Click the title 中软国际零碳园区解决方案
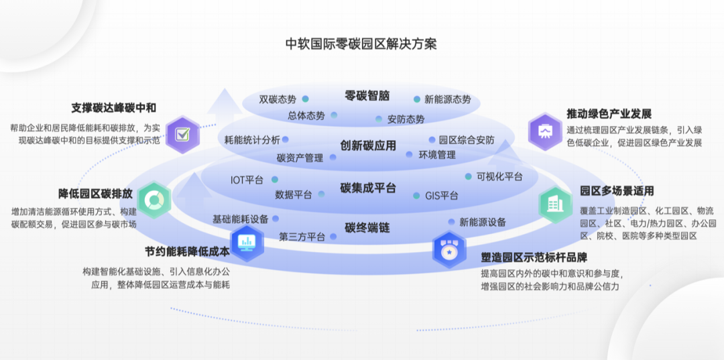coord(361,44)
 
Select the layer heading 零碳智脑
coord(367,95)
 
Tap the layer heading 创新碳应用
coord(368,145)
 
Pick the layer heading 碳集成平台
coord(368,188)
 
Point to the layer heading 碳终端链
coord(367,228)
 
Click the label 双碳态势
coord(278,99)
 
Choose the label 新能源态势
coord(448,99)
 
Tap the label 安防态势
coord(406,119)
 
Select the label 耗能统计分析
coord(253,140)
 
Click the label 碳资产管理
coord(300,158)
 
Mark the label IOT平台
coord(247,180)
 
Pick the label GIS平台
coord(442,196)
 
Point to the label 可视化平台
coord(499,177)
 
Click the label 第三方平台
coord(302,237)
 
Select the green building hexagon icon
coord(556,204)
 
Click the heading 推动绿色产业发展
coord(609,114)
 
